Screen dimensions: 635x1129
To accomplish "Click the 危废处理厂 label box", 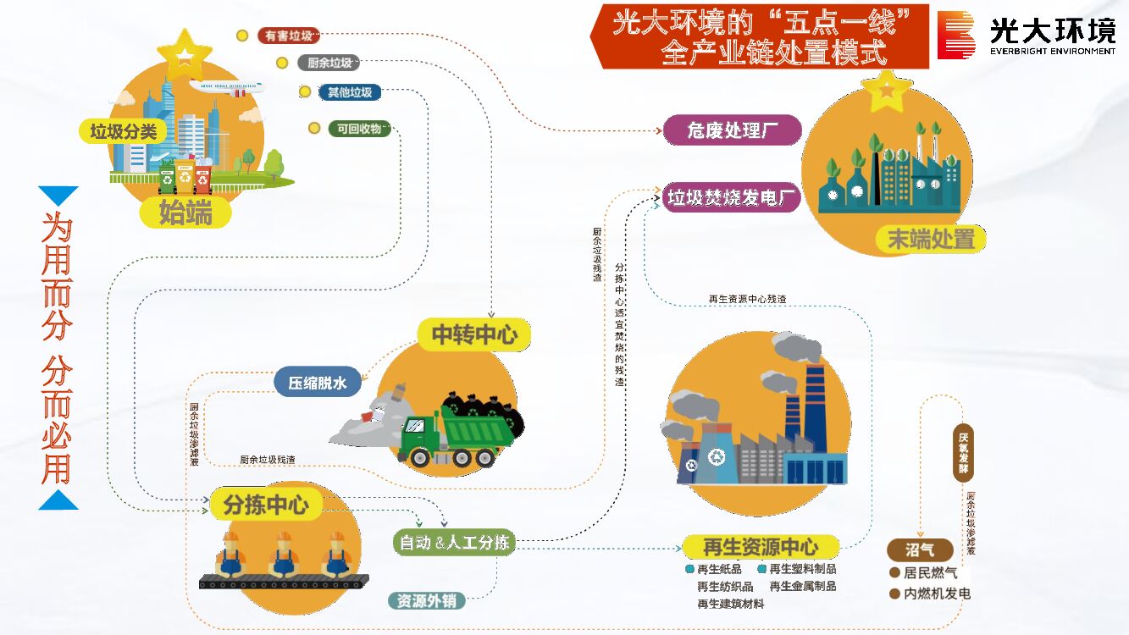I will pyautogui.click(x=732, y=130).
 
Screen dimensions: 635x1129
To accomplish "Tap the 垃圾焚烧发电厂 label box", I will pyautogui.click(x=732, y=198).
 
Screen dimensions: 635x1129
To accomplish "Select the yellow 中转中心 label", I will pyautogui.click(x=473, y=334).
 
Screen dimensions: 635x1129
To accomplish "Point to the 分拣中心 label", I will pyautogui.click(x=265, y=505).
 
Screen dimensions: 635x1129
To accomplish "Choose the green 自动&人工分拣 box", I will pyautogui.click(x=455, y=542).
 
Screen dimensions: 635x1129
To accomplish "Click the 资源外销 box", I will pyautogui.click(x=426, y=601).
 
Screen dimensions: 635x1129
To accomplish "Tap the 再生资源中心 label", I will pyautogui.click(x=761, y=546).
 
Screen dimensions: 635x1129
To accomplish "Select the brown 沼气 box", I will pyautogui.click(x=919, y=549).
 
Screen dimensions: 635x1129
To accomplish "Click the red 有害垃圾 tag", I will pyautogui.click(x=289, y=36).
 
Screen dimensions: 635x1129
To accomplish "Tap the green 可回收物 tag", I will pyautogui.click(x=359, y=129).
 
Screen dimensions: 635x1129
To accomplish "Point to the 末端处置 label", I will pyautogui.click(x=930, y=240).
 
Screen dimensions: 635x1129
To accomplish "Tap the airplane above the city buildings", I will pyautogui.click(x=226, y=86).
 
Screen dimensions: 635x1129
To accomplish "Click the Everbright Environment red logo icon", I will pyautogui.click(x=956, y=35).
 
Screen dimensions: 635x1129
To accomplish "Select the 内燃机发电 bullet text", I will pyautogui.click(x=937, y=594).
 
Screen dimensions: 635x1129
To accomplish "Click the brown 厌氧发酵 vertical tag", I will pyautogui.click(x=964, y=453).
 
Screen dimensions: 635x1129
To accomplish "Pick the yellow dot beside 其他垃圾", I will pyautogui.click(x=305, y=92).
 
